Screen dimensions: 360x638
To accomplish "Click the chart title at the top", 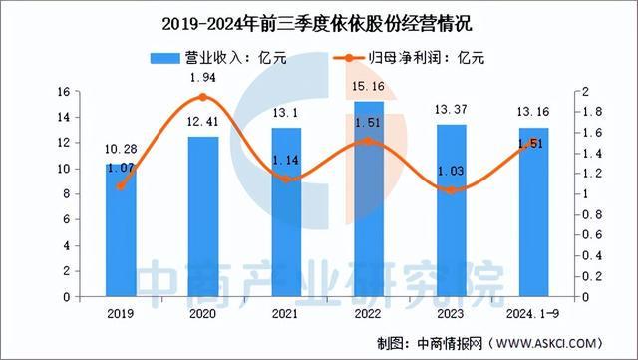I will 319,22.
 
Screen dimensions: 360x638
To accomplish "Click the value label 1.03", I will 451,172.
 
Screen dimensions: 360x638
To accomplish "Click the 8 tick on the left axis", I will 64,194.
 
